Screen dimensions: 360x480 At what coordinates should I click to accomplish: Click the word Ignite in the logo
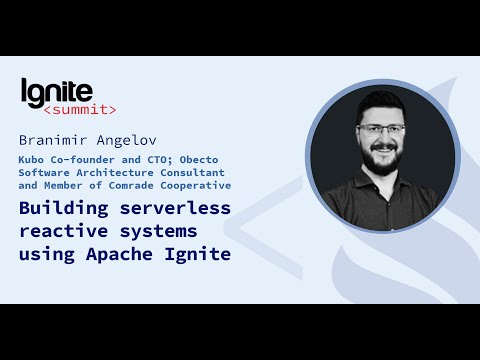click(57, 91)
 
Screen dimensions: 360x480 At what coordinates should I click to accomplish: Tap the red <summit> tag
click(80, 109)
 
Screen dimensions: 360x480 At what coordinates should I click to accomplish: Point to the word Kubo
click(33, 158)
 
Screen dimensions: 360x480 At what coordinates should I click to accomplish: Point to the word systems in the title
click(159, 231)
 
